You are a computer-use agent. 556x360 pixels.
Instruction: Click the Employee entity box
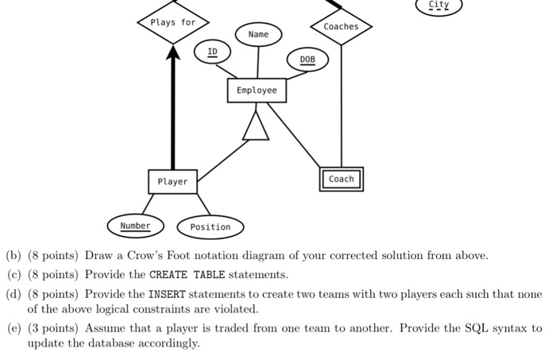pyautogui.click(x=257, y=91)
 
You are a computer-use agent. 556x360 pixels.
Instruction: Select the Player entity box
pyautogui.click(x=172, y=182)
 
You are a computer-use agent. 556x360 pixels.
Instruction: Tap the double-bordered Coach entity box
pyautogui.click(x=342, y=180)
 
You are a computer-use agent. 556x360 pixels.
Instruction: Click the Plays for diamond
pyautogui.click(x=172, y=23)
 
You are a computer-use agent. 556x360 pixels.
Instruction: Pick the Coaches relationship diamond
pyautogui.click(x=341, y=27)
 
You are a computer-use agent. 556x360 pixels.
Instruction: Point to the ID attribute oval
pyautogui.click(x=212, y=52)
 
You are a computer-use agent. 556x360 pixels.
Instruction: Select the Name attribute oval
pyautogui.click(x=258, y=35)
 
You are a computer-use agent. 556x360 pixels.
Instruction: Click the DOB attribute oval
pyautogui.click(x=307, y=60)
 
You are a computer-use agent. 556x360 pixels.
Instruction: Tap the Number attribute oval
pyautogui.click(x=135, y=226)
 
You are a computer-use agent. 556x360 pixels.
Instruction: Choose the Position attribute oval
pyautogui.click(x=210, y=227)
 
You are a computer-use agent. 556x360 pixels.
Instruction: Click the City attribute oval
pyautogui.click(x=438, y=6)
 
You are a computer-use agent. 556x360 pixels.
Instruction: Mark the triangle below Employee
pyautogui.click(x=255, y=126)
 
